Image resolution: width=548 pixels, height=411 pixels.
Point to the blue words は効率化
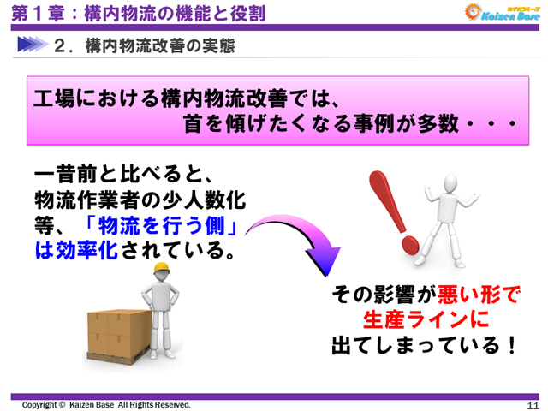78,252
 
